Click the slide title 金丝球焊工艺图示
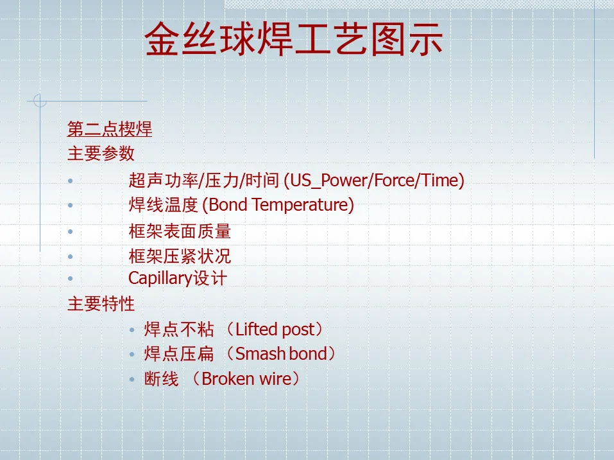[x=294, y=39]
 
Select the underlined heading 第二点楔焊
[x=110, y=129]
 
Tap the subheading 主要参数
[x=101, y=154]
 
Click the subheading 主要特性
[x=101, y=304]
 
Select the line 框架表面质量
[x=180, y=231]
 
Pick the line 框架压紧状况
[x=180, y=256]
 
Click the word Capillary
[x=160, y=279]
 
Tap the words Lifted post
[x=275, y=330]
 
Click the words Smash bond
[x=281, y=354]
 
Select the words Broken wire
[x=247, y=379]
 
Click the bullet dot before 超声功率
[x=71, y=181]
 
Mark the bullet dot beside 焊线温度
[x=71, y=205]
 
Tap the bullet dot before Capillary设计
[x=71, y=278]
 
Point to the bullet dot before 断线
[x=132, y=380]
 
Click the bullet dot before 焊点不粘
[x=132, y=330]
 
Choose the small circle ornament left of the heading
[x=40, y=101]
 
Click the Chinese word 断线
[x=161, y=379]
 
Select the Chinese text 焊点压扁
[x=179, y=354]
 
